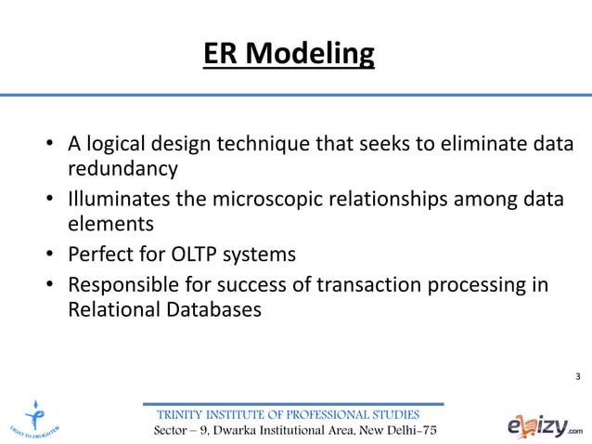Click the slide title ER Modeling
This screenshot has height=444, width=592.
point(289,55)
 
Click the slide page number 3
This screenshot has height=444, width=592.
point(578,376)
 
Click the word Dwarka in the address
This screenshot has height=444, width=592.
point(250,432)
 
